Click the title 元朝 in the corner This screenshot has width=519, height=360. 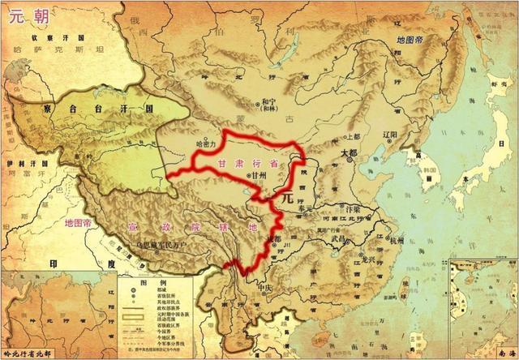24,17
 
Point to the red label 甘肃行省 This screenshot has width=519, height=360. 247,163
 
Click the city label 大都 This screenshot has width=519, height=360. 349,152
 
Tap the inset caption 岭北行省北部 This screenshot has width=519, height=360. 28,354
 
